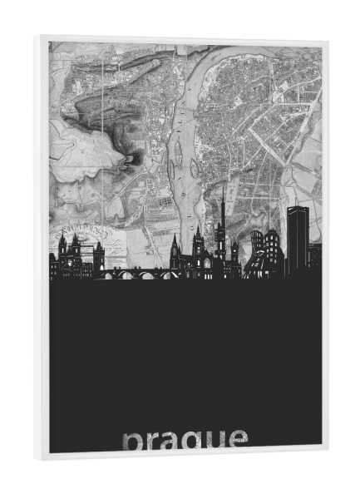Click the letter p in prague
(x=132, y=441)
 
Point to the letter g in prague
(x=193, y=441)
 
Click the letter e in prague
(x=236, y=439)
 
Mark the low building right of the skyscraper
(x=314, y=258)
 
